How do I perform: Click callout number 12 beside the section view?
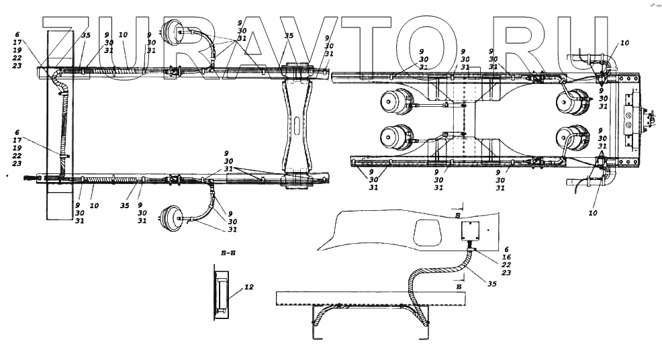pos(248,287)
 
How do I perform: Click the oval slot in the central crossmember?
pos(297,125)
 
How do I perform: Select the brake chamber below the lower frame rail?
pos(169,218)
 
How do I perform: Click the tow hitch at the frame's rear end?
pos(647,120)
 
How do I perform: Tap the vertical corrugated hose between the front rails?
pos(64,128)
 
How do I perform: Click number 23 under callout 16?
pos(506,273)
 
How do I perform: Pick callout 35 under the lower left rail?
pos(124,206)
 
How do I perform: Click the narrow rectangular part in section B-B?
pos(222,292)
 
